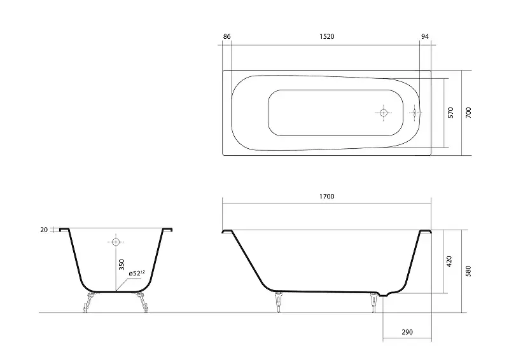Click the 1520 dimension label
tap(326, 36)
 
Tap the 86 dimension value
tap(227, 36)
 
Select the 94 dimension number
tap(424, 36)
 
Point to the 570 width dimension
tap(450, 113)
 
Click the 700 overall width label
tap(468, 113)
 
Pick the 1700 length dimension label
tap(326, 197)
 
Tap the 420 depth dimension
tap(449, 261)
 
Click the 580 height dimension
tap(468, 271)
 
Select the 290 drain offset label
tap(407, 332)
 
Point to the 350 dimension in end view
tap(122, 265)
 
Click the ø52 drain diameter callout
tap(137, 273)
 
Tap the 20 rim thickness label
tap(44, 230)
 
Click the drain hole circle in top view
tap(384, 113)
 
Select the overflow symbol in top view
tap(415, 113)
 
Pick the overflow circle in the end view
tap(116, 242)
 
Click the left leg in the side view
tap(278, 302)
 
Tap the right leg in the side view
tap(374, 302)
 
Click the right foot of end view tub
tap(142, 302)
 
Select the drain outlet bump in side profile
tap(386, 294)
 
